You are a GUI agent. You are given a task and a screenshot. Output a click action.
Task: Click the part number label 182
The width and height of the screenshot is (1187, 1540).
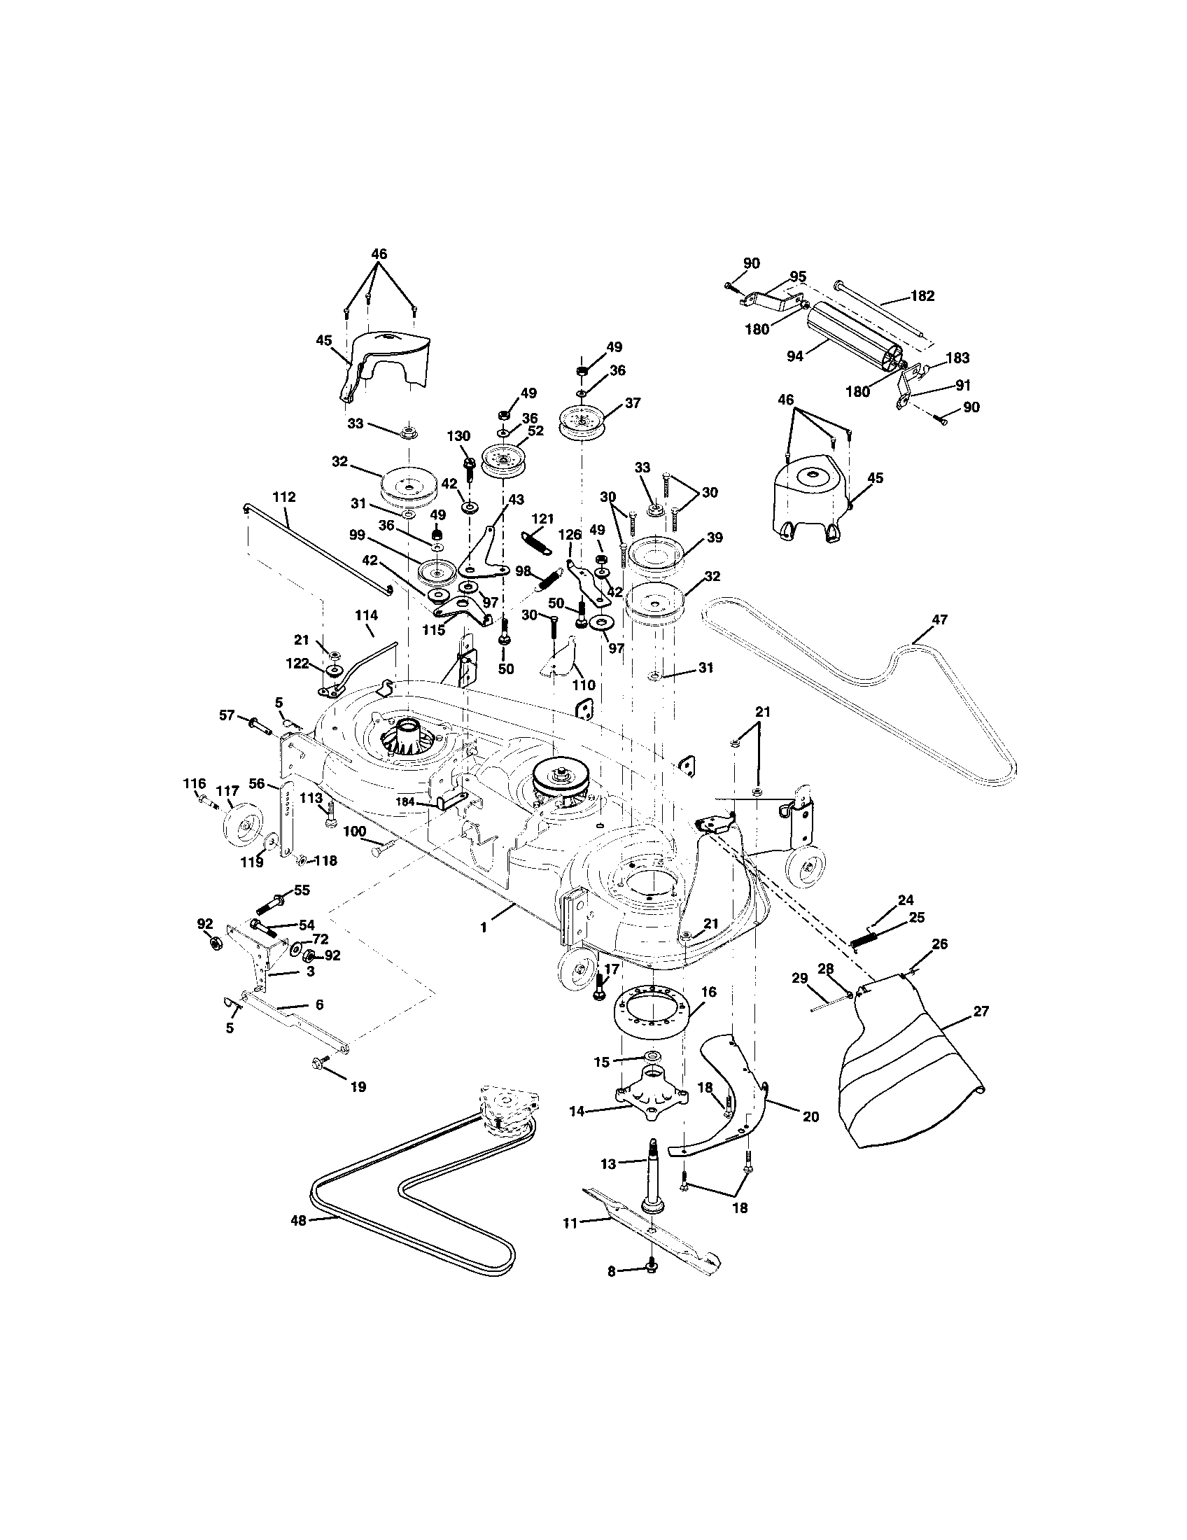(922, 295)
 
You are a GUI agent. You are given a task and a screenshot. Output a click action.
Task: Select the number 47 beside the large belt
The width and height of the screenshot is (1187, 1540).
(939, 619)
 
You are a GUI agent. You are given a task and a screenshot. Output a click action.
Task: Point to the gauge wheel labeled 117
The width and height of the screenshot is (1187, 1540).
(239, 832)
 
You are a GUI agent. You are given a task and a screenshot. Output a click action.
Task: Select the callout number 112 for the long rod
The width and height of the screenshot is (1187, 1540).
(283, 496)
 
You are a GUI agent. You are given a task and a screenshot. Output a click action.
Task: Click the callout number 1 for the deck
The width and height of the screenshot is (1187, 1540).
(484, 928)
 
